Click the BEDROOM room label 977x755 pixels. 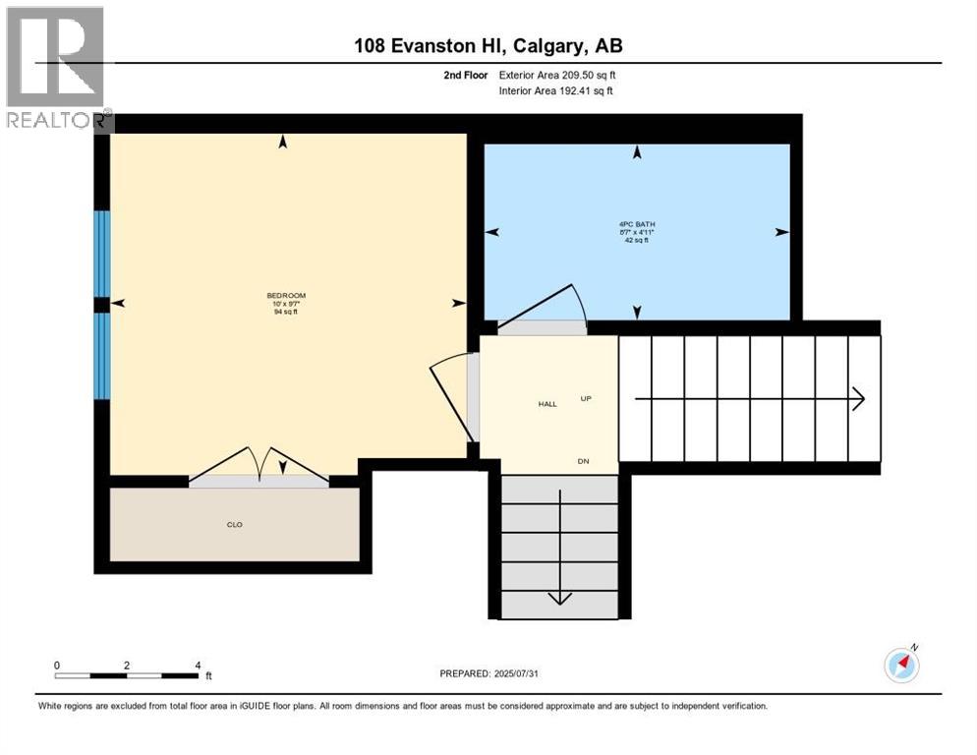[x=286, y=296]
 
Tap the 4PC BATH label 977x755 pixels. [x=637, y=224]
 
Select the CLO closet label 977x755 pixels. [x=234, y=525]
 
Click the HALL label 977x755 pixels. [x=547, y=404]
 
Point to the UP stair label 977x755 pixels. [x=586, y=398]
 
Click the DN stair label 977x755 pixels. [x=582, y=461]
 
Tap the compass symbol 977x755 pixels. [x=901, y=666]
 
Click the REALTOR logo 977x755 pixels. [x=56, y=67]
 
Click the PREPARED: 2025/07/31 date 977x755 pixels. [x=488, y=673]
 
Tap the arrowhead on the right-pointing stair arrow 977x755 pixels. [x=858, y=398]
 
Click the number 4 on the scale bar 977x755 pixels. [x=198, y=666]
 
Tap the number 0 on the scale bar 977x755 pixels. [x=57, y=666]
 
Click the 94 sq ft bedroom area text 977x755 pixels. [x=286, y=312]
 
